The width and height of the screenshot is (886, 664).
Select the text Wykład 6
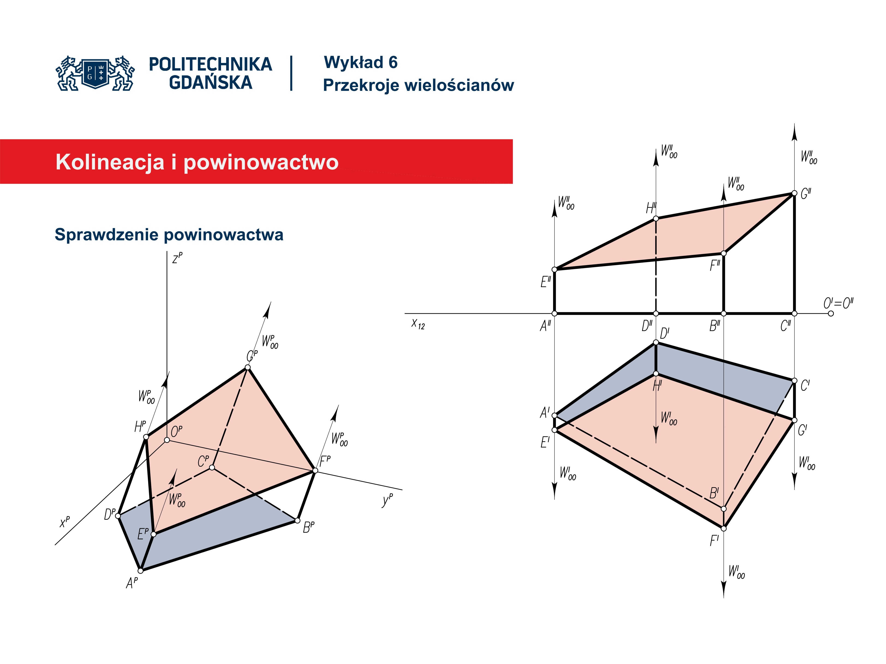[x=360, y=62]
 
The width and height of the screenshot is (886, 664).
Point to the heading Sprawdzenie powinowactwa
[x=169, y=234]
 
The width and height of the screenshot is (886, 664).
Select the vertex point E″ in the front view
[x=555, y=269]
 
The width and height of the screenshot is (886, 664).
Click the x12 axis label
[x=418, y=324]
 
